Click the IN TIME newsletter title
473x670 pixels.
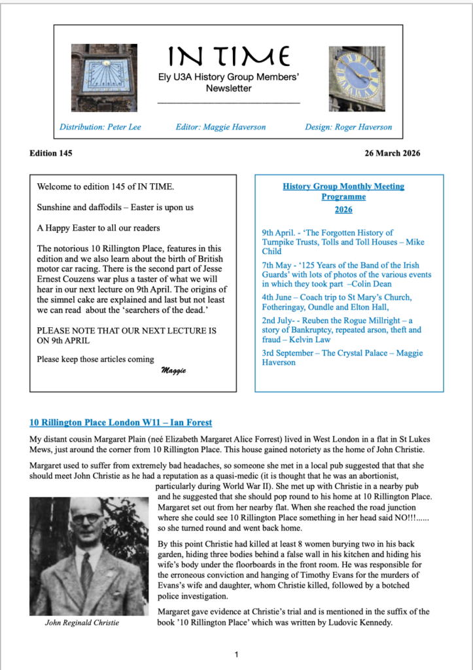(x=229, y=57)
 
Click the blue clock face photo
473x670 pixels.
(x=356, y=78)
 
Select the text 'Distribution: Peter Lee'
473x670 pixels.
(x=100, y=127)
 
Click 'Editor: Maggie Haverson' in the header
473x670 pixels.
(x=220, y=127)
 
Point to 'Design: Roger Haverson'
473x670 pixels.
(x=348, y=127)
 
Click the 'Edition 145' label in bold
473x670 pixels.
(x=51, y=154)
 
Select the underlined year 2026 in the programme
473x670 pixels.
(x=343, y=210)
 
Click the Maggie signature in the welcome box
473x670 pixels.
(x=173, y=371)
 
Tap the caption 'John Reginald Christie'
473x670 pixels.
(x=82, y=622)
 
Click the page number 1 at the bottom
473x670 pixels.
(x=236, y=654)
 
